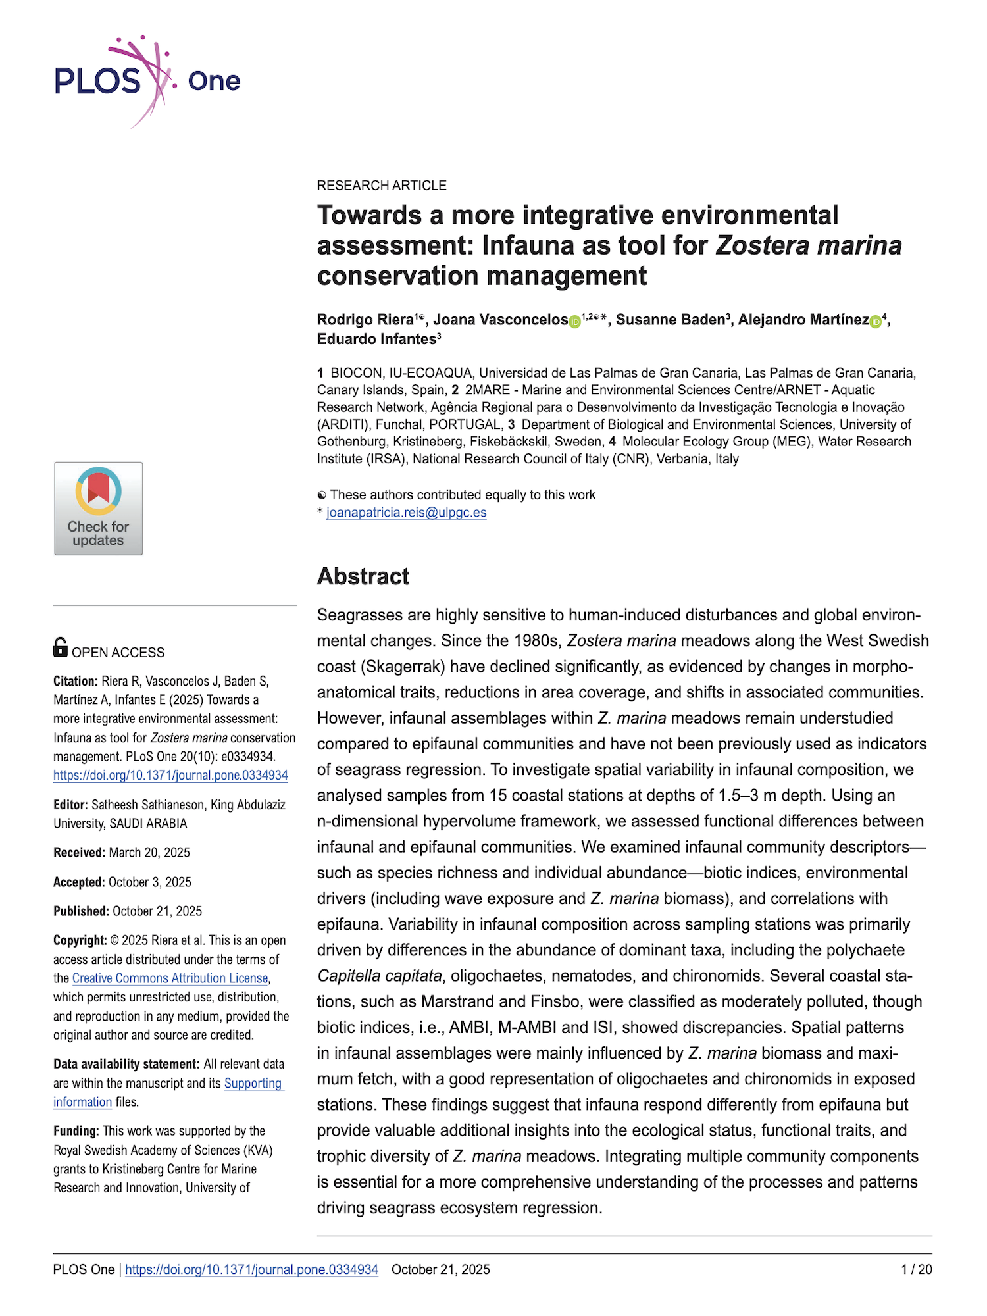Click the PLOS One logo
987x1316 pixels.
pos(147,80)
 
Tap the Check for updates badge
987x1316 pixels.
pos(98,508)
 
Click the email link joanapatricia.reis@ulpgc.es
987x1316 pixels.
pos(406,513)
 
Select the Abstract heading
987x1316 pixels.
pos(363,576)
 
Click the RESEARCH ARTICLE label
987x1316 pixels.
pos(382,186)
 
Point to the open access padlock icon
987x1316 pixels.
pos(60,647)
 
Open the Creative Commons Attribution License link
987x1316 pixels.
pos(170,978)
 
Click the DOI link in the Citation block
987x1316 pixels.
pos(170,775)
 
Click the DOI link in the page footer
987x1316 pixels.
pos(251,1269)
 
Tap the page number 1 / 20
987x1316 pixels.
pos(916,1269)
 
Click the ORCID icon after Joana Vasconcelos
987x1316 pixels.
pos(574,322)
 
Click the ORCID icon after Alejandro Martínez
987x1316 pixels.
pos(875,322)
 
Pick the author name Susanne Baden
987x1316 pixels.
pos(670,320)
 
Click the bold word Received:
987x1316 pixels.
pos(79,853)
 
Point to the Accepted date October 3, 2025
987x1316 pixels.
pos(150,882)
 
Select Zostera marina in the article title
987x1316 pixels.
pos(808,245)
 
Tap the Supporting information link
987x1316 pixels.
pos(253,1083)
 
